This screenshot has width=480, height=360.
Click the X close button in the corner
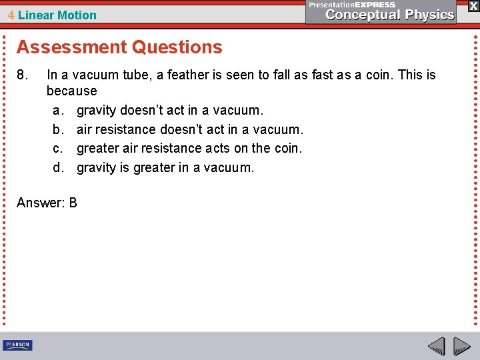pyautogui.click(x=473, y=6)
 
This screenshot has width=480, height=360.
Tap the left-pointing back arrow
pyautogui.click(x=436, y=347)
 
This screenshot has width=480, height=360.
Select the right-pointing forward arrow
pyautogui.click(x=461, y=347)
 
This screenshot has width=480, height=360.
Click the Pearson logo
pyautogui.click(x=17, y=345)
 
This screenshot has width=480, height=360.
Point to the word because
pyautogui.click(x=71, y=91)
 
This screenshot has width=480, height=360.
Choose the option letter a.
pyautogui.click(x=57, y=110)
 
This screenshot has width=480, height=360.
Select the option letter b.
pyautogui.click(x=57, y=129)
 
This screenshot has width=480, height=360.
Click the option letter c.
pyautogui.click(x=57, y=148)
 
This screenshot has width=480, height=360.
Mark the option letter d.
pyautogui.click(x=57, y=167)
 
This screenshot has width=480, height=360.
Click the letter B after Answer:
pyautogui.click(x=73, y=203)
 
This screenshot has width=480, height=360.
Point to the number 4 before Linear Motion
pyautogui.click(x=11, y=15)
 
